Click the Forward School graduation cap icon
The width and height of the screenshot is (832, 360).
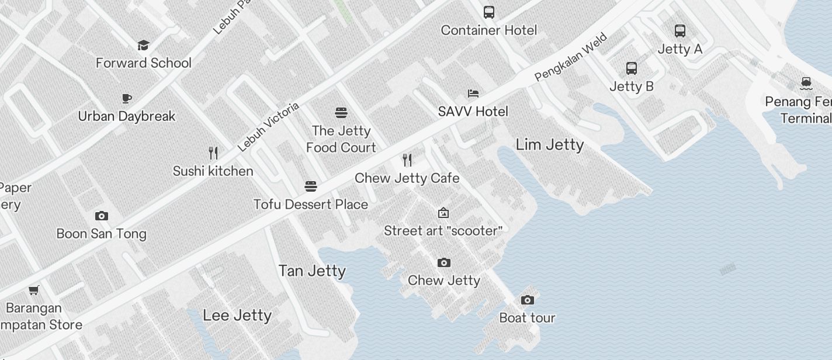[143, 45]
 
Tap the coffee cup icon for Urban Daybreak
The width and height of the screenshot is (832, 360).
[127, 98]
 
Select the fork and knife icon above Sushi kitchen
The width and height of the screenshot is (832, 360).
[213, 153]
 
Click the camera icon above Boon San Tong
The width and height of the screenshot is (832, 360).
[102, 216]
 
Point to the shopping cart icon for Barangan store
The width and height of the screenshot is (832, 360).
[34, 290]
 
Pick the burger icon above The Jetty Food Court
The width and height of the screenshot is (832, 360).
[341, 112]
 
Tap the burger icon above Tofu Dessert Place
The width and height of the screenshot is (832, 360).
[311, 186]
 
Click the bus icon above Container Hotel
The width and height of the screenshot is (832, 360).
[489, 12]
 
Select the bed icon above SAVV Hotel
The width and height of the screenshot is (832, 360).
[473, 94]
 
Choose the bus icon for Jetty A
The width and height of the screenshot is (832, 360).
[680, 31]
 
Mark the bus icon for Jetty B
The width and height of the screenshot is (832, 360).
[632, 68]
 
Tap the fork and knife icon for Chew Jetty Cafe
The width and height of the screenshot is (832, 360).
[407, 160]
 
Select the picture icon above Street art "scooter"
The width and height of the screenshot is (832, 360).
[443, 213]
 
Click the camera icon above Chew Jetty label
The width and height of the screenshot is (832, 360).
[444, 262]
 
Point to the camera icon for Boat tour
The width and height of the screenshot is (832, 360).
[528, 300]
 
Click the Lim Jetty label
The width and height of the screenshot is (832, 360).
[550, 144]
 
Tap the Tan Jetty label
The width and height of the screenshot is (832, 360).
[312, 271]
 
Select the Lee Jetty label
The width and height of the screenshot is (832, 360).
[237, 316]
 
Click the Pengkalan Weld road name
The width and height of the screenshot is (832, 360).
[571, 57]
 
